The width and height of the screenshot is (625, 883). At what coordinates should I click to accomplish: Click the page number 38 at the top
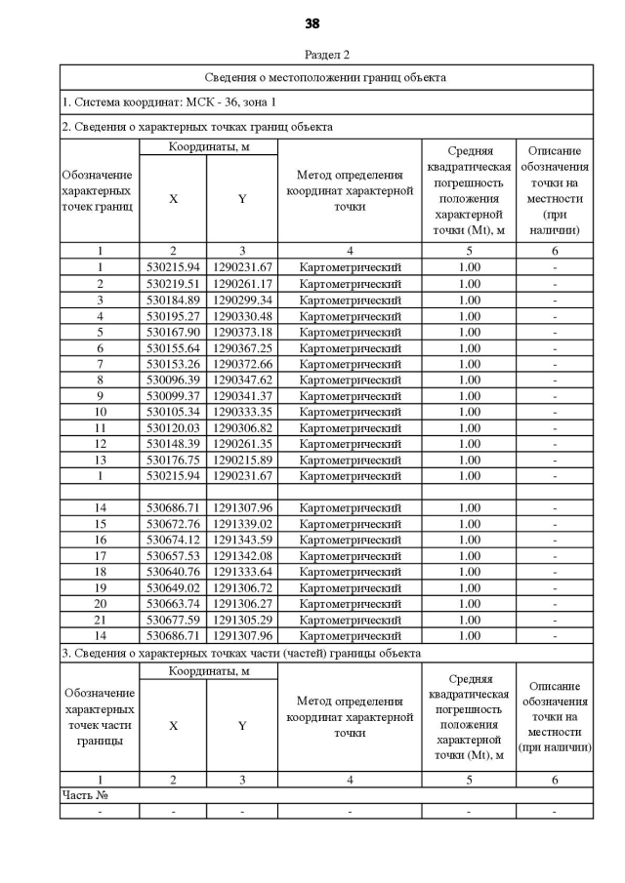click(x=312, y=23)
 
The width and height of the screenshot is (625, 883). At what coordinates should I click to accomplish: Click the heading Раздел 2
click(x=326, y=55)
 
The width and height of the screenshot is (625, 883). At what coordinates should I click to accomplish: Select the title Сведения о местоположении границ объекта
click(x=325, y=77)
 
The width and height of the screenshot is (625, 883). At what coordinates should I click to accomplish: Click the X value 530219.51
click(x=173, y=284)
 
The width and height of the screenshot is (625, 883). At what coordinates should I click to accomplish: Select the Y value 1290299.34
click(x=242, y=300)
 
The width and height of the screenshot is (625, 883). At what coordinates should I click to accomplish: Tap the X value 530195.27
click(x=173, y=316)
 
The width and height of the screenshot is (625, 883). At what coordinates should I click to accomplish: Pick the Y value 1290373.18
click(x=242, y=332)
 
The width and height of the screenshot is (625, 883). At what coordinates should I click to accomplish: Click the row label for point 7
click(x=100, y=364)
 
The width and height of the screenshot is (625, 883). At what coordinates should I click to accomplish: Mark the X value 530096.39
click(x=173, y=380)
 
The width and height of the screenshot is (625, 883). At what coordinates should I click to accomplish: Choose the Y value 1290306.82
click(x=242, y=427)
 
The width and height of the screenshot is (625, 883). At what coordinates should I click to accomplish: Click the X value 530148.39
click(x=173, y=443)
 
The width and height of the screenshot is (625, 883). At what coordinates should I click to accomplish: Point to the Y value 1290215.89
click(x=242, y=460)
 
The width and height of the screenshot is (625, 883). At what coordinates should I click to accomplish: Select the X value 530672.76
click(x=173, y=524)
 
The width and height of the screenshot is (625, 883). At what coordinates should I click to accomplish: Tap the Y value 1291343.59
click(x=242, y=540)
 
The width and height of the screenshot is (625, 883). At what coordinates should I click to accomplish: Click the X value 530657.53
click(x=173, y=555)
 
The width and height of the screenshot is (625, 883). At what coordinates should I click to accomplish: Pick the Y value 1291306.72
click(x=242, y=587)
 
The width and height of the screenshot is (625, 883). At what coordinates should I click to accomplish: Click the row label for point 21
click(x=100, y=620)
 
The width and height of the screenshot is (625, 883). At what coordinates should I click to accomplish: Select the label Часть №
click(x=85, y=796)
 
